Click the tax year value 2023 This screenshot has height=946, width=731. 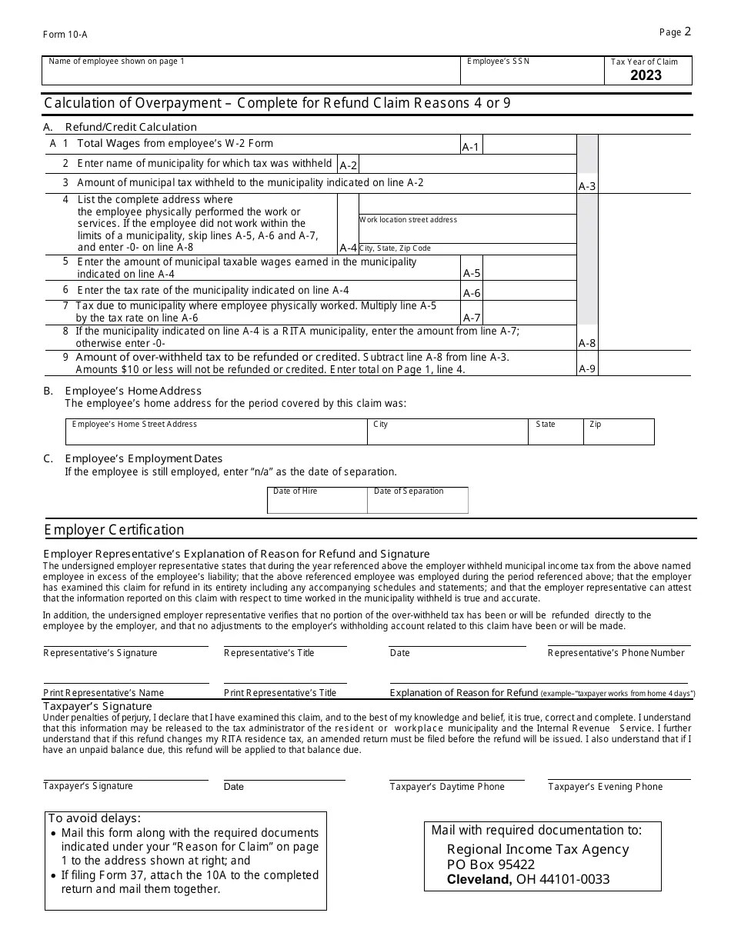point(646,75)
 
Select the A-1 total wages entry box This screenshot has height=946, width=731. point(529,145)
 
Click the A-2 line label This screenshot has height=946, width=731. point(348,165)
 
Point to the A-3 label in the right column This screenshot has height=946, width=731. point(587,186)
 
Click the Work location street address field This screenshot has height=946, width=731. point(467,230)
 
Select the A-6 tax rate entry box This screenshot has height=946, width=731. point(529,291)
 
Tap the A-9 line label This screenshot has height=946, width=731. point(587,368)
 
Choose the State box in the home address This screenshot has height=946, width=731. point(555,433)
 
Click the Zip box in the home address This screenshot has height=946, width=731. point(619,433)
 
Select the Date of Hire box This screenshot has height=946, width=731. point(317,501)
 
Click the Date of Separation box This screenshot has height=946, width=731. point(418,501)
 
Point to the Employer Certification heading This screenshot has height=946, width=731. point(114,530)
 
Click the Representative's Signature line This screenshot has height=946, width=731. point(125,645)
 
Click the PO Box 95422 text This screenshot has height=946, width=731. point(490,864)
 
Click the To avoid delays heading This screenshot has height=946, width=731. point(95,818)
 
